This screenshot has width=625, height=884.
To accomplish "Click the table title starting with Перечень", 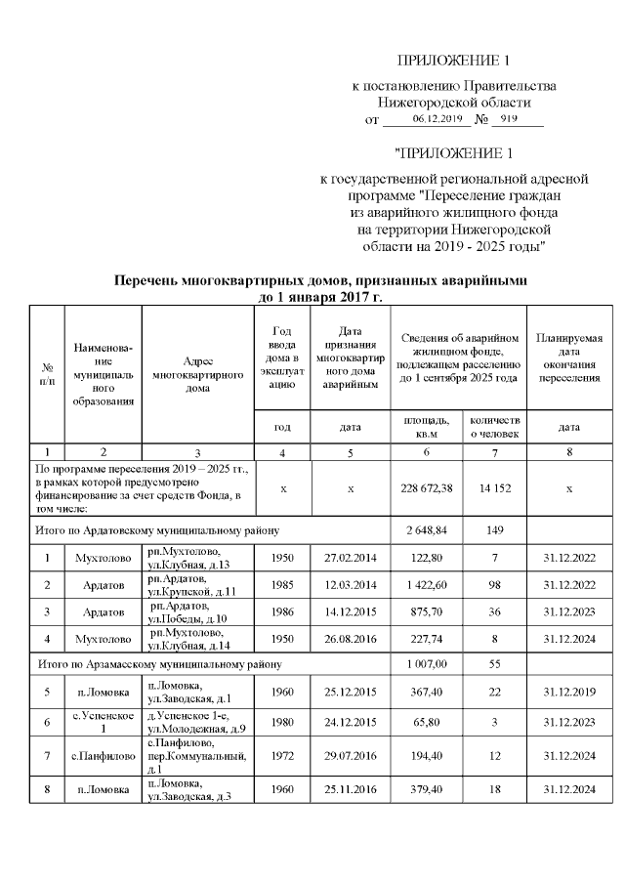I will pos(321,288).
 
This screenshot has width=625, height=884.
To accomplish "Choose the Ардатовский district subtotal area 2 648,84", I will pos(426,530).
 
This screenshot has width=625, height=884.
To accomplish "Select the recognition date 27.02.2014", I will pos(351,558).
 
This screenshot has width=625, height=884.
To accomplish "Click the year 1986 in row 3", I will pos(282,612).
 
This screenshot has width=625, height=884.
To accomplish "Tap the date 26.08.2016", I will pos(351,640).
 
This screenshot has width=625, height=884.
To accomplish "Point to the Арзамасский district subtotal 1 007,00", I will pos(426,664).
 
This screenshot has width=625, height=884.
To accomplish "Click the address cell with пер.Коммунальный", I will pos(198,755).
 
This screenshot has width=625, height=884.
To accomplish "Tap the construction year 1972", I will pos(282,755).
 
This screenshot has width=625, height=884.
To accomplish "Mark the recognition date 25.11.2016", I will pos(351,790).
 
